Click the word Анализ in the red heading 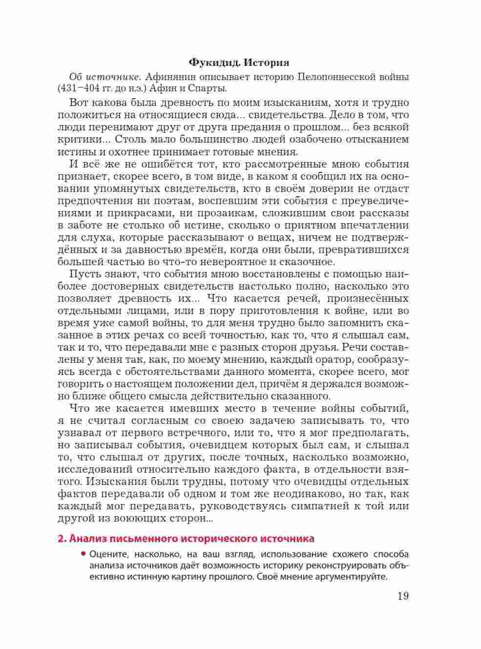pos(88,539)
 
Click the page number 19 pos(403,596)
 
